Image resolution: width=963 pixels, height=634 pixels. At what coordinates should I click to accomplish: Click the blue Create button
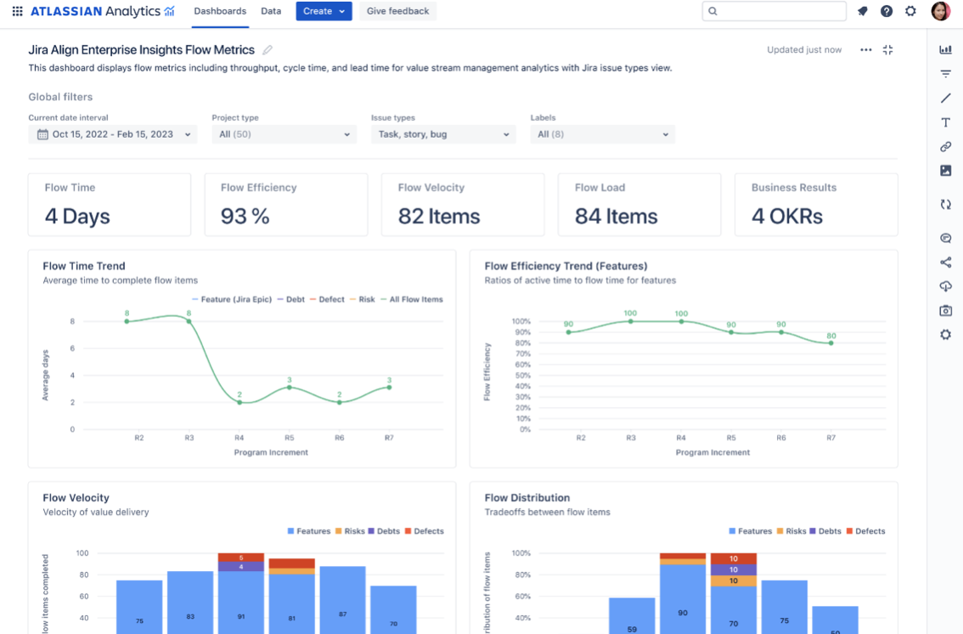coord(323,11)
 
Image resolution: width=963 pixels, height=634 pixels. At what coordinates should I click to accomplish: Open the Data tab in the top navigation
coord(271,11)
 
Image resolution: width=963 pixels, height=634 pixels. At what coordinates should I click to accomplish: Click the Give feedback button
coord(397,11)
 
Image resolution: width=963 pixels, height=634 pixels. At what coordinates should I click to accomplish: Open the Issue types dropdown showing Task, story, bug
coord(443,134)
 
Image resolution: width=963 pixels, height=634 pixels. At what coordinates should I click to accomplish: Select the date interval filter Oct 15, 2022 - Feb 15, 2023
coord(112,134)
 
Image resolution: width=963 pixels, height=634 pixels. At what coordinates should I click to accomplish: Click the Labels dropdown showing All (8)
coord(602,134)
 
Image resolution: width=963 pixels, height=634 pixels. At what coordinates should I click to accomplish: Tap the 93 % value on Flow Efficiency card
coord(245,217)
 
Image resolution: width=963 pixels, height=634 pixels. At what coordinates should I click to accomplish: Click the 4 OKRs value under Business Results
coord(786,217)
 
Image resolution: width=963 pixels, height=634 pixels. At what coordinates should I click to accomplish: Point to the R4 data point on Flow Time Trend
coord(239,402)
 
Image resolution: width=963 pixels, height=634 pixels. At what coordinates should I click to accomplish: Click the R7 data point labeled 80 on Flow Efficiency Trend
coord(831,342)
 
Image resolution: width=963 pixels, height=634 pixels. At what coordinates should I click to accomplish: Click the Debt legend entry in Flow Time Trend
coord(291,299)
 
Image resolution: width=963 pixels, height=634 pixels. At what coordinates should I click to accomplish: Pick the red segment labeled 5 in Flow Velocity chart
coord(241,558)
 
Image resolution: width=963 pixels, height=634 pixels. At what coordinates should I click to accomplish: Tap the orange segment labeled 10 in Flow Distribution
coord(733,580)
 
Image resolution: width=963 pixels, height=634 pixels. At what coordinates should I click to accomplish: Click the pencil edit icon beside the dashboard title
coord(267,50)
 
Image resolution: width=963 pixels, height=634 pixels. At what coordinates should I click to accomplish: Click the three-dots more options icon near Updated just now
coord(865,50)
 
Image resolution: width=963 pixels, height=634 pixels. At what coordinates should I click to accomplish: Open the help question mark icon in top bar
coord(887,11)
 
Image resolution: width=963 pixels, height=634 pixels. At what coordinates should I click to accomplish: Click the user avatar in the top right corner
coord(940,11)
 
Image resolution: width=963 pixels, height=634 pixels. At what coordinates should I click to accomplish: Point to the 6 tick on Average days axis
coord(72,348)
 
